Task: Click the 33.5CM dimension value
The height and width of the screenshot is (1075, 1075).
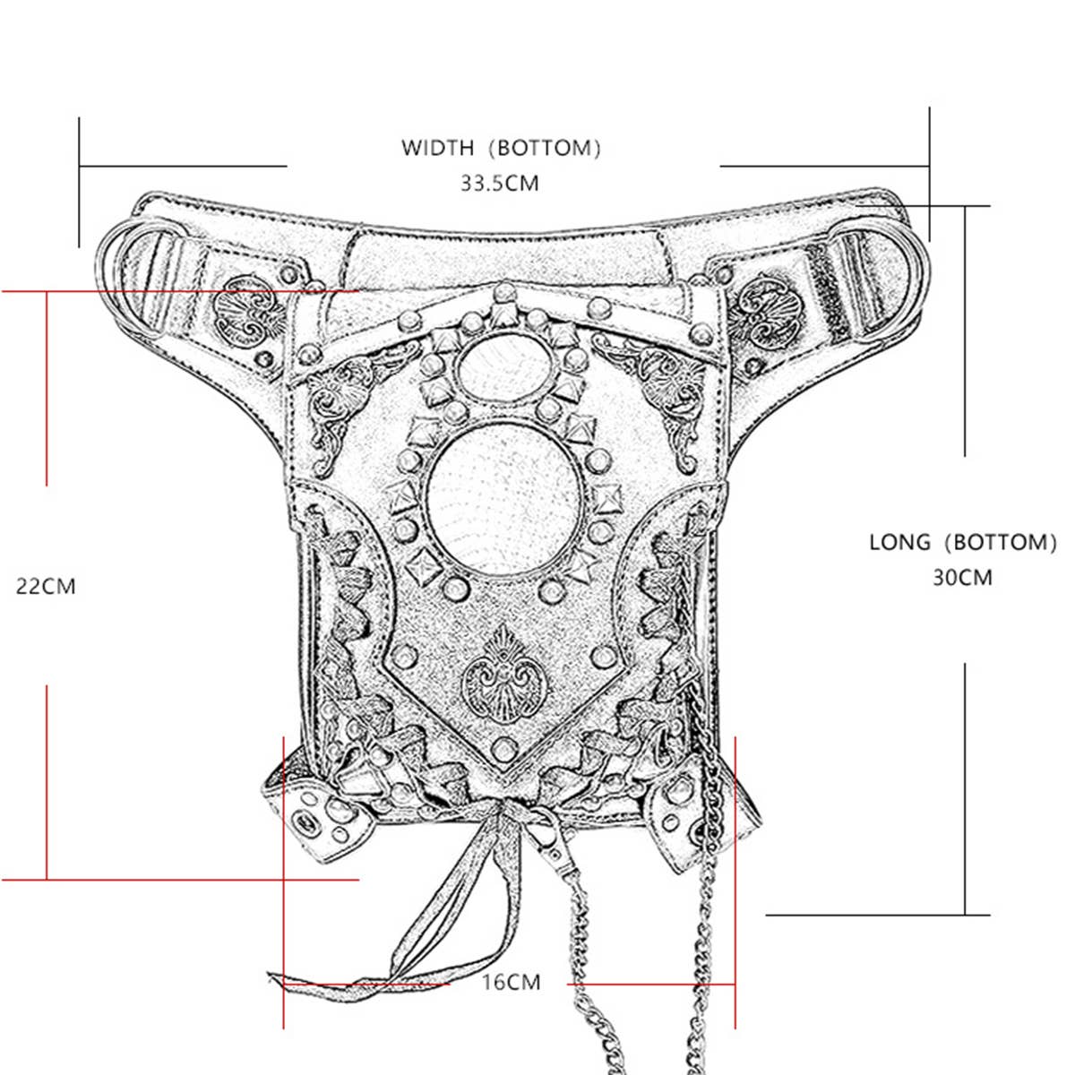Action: [500, 184]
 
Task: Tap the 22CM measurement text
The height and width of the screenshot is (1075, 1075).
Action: [46, 587]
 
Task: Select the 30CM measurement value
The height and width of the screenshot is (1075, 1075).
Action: [963, 578]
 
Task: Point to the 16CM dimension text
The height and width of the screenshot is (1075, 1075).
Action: [511, 982]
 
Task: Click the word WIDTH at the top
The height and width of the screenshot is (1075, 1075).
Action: [437, 148]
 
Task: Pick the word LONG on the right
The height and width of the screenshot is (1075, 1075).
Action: [899, 542]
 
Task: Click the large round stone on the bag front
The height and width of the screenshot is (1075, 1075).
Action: [504, 497]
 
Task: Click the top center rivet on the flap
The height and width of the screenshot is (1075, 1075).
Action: [503, 291]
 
